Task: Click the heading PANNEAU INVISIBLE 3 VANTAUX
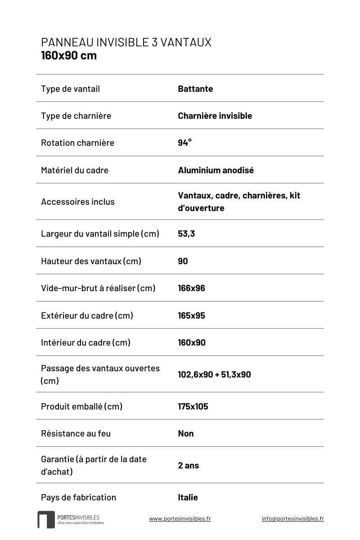(126, 42)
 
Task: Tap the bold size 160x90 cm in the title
(69, 56)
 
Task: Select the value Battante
(195, 89)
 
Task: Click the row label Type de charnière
(76, 116)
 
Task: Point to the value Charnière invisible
(215, 116)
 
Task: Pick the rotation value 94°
(184, 143)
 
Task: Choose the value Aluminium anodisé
(216, 170)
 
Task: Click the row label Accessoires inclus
(78, 202)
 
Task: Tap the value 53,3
(186, 234)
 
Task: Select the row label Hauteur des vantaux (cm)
(91, 261)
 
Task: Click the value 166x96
(191, 288)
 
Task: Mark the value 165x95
(191, 315)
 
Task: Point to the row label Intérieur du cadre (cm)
(85, 342)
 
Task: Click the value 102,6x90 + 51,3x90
(214, 374)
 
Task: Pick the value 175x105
(193, 406)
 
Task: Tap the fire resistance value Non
(186, 433)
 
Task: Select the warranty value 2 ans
(188, 465)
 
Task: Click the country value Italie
(188, 497)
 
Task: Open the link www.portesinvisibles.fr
(180, 518)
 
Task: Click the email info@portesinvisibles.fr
(292, 518)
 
